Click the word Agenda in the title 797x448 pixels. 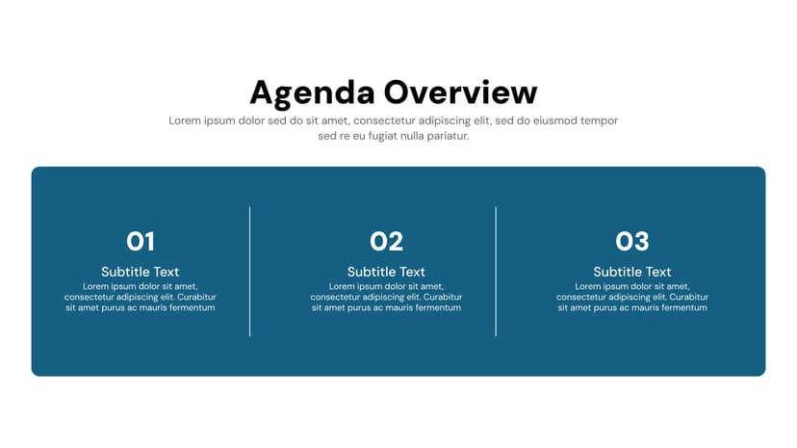pos(311,93)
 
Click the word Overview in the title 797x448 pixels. pos(460,93)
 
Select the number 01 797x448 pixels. pos(141,241)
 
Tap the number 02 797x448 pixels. pos(386,241)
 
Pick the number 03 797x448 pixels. pos(632,241)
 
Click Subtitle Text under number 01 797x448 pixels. pos(141,272)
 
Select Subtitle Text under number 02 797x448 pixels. pos(386,272)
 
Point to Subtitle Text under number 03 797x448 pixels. pos(632,272)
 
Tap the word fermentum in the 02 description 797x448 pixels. pos(433,307)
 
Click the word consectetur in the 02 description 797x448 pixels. pos(337,297)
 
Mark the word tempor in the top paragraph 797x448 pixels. pos(600,120)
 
